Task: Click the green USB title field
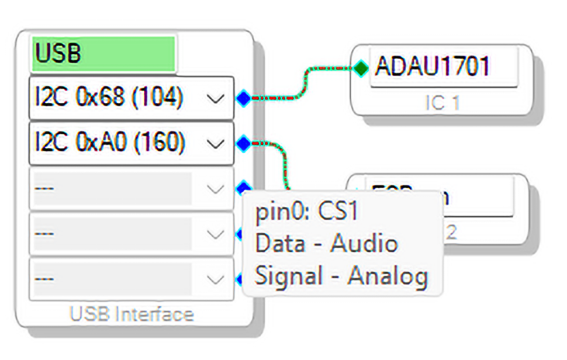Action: coord(103,54)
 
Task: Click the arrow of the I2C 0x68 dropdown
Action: coord(216,99)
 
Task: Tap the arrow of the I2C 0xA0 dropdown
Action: coord(216,143)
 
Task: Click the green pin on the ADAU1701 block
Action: coord(361,68)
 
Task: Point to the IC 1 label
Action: coord(442,103)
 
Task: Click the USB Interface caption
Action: coord(132,314)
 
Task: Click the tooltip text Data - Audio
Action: coord(327,243)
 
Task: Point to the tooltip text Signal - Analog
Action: coord(341,276)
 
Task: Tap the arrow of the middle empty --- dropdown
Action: coord(216,234)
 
